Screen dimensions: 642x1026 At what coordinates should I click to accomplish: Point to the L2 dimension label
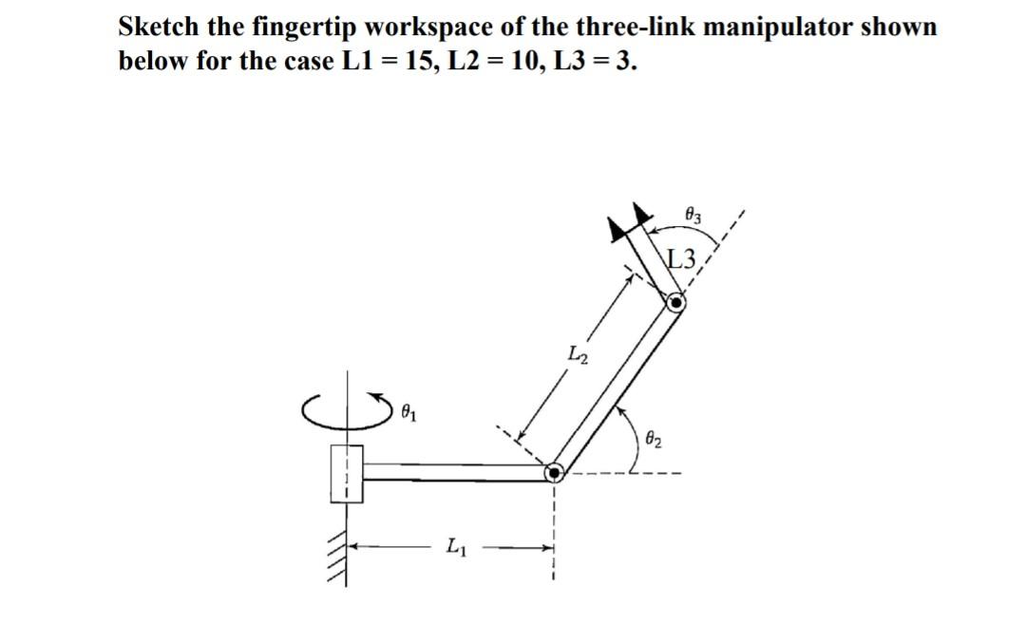click(579, 355)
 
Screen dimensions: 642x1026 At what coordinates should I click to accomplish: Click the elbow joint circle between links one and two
click(554, 471)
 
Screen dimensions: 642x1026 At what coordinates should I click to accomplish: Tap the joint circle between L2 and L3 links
click(675, 303)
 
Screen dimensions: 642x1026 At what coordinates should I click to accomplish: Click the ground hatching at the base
click(333, 560)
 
